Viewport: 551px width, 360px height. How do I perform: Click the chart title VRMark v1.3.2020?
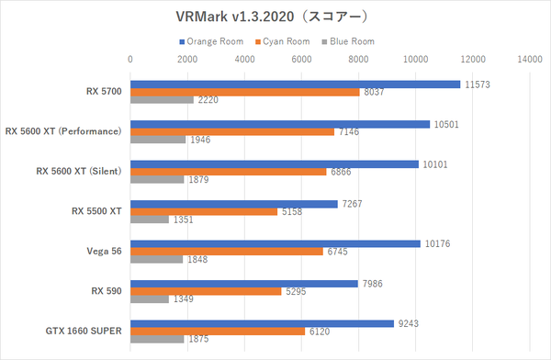coord(235,17)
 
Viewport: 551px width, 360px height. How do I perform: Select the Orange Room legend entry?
coord(211,41)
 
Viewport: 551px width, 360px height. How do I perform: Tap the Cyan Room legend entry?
coord(283,41)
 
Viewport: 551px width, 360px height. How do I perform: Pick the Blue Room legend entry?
coord(348,41)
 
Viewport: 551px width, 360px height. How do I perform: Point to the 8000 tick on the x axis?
coord(358,59)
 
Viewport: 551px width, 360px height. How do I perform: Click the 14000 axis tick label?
coord(530,59)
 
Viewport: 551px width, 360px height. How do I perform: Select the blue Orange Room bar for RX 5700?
coord(295,84)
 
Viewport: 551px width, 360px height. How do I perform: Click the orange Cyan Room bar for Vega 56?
coord(227,252)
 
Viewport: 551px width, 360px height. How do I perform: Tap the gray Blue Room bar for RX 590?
coord(150,299)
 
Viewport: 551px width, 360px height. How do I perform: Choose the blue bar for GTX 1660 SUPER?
coord(262,324)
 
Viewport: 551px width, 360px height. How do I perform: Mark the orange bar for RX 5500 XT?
coord(204,211)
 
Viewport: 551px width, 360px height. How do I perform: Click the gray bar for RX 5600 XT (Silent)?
coord(157,179)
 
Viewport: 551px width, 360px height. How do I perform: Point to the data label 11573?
coord(478,84)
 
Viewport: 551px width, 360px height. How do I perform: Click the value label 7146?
coord(349,132)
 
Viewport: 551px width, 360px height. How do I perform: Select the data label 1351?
coord(183,219)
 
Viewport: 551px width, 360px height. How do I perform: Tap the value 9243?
coord(409,324)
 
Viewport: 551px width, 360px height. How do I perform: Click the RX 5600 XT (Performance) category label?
coord(63,131)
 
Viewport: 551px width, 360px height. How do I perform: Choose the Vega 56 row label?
coord(104,251)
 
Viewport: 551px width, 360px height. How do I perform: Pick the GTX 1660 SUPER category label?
coord(84,331)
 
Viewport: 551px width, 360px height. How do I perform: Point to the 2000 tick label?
coord(187,59)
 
